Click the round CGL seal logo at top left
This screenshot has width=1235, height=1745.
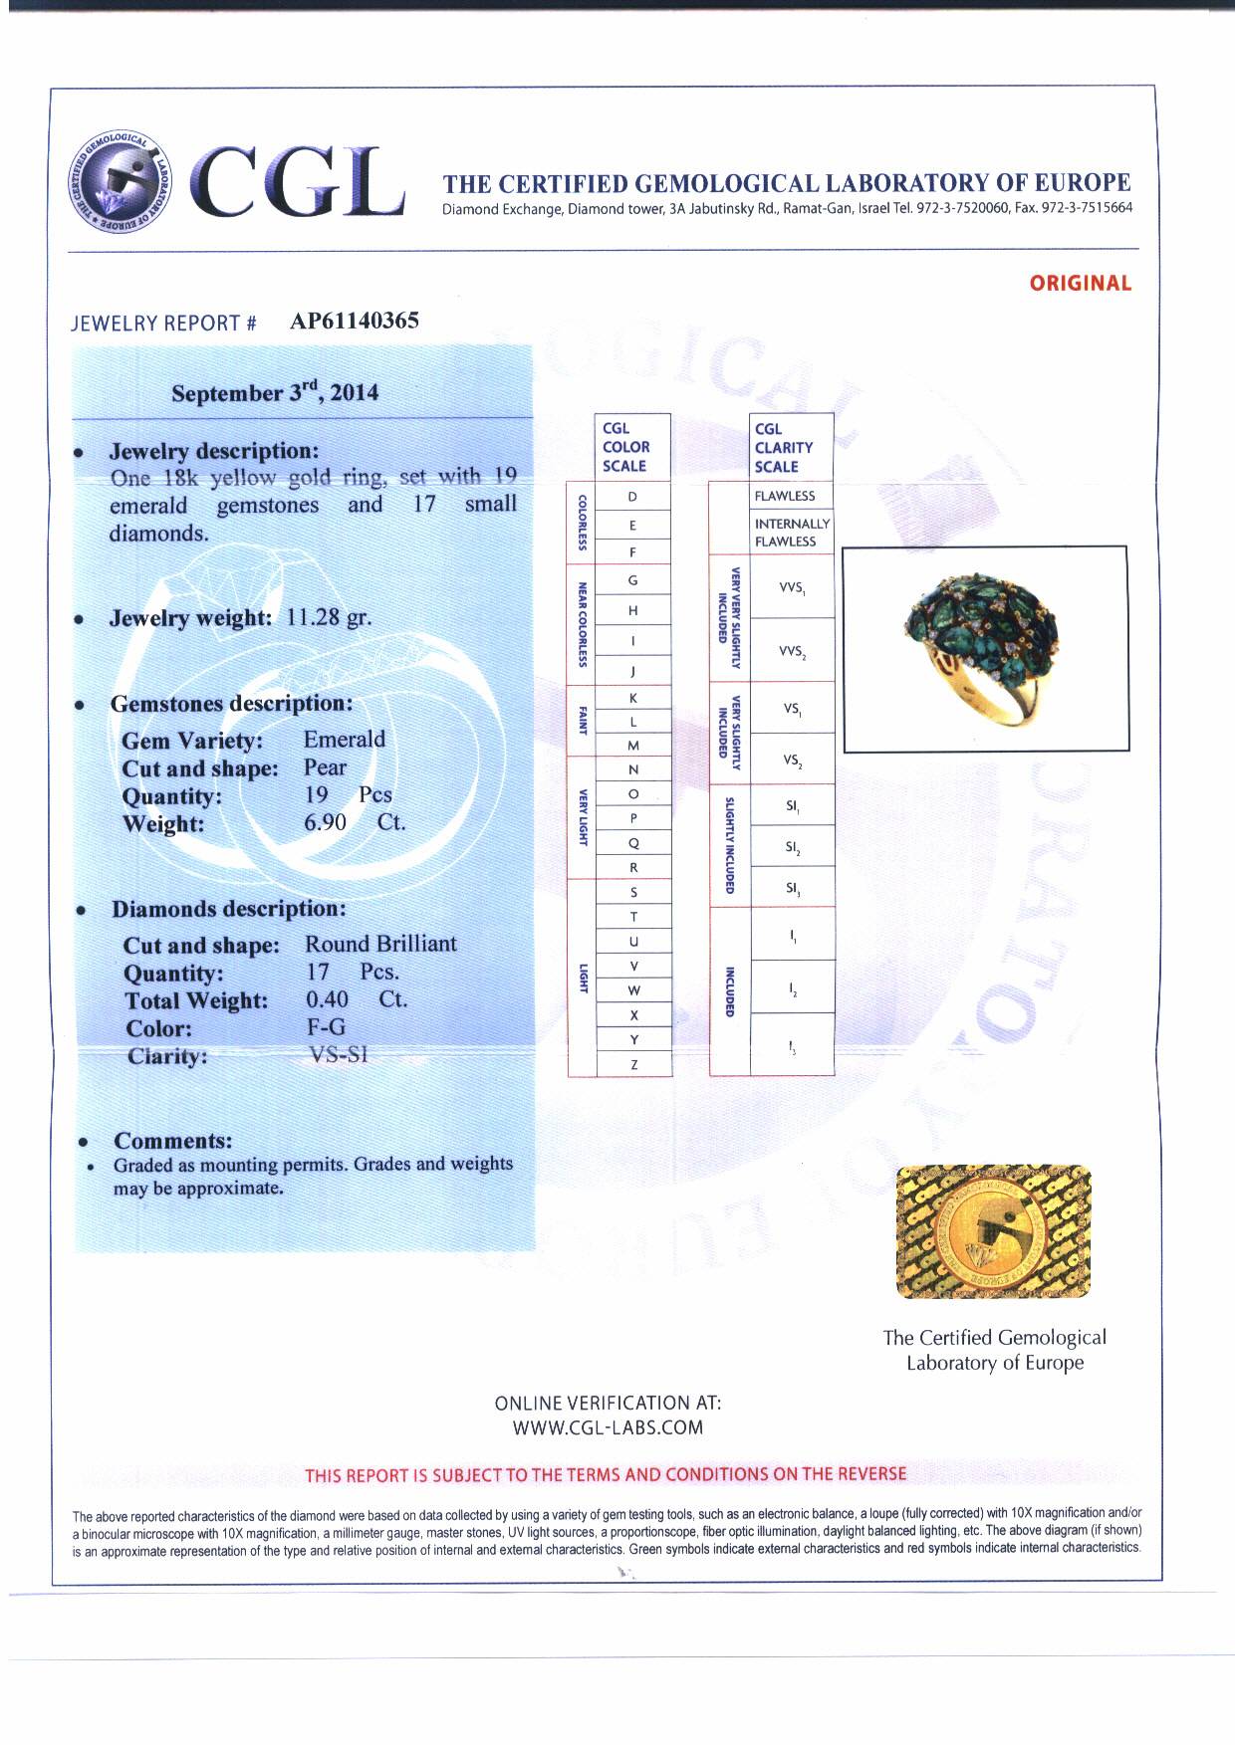118,180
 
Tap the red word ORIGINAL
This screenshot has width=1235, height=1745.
1081,284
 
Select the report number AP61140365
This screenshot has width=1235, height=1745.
355,321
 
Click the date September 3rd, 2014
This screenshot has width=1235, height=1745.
275,392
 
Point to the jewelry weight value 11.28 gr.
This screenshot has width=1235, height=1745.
329,617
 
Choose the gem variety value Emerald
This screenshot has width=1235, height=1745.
344,740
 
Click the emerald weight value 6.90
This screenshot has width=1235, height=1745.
326,822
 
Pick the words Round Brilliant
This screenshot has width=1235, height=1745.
380,944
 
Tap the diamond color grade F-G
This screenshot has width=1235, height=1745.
326,1027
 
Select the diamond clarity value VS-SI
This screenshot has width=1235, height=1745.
339,1054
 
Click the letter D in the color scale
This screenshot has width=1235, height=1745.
632,497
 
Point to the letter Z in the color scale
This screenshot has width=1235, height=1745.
633,1065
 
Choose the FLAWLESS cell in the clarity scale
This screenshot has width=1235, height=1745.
785,496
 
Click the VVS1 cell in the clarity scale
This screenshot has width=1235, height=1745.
792,588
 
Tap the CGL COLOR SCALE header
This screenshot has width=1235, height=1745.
626,447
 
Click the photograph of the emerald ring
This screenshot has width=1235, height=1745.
985,647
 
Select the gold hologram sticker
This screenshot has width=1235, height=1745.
993,1232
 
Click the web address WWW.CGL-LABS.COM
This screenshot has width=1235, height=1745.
608,1427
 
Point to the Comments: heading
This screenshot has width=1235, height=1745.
172,1141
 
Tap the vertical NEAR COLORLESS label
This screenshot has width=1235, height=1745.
582,624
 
